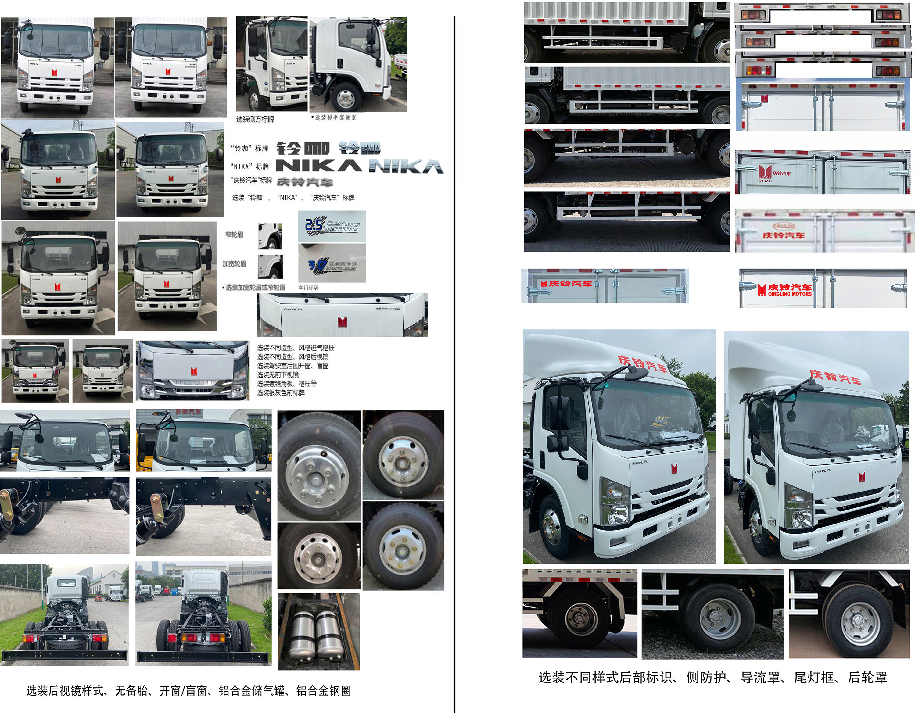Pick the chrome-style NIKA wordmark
[x=406, y=167]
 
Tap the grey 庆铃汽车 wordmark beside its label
[x=305, y=182]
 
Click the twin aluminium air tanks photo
[x=318, y=631]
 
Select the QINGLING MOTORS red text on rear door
[x=790, y=294]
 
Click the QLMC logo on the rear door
[x=764, y=181]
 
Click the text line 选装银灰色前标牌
[x=281, y=393]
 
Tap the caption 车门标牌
[x=308, y=288]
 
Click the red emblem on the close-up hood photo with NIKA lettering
[x=342, y=322]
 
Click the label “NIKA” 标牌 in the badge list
[x=249, y=166]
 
